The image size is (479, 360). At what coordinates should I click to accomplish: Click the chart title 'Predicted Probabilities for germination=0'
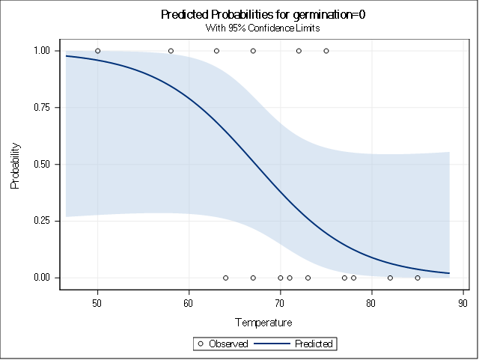[263, 15]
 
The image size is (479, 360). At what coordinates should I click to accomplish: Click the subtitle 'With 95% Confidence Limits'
[263, 28]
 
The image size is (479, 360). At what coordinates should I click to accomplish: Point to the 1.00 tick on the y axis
[40, 51]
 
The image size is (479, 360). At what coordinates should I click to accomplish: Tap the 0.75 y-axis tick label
[40, 108]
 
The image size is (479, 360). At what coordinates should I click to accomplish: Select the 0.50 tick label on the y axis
[40, 165]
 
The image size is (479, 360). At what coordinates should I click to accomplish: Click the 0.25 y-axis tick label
[40, 221]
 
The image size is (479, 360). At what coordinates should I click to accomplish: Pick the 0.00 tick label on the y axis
[40, 278]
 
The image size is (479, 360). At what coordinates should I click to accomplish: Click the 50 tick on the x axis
[97, 302]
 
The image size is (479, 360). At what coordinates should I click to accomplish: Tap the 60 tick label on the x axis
[189, 302]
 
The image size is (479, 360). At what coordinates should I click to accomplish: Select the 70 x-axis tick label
[280, 302]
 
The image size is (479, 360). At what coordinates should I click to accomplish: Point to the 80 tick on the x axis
[371, 302]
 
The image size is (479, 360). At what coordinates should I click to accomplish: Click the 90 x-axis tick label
[463, 302]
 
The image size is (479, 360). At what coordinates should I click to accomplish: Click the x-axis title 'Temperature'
[263, 323]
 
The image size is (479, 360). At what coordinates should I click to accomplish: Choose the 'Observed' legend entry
[223, 344]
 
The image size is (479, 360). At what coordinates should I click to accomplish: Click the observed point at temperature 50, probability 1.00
[97, 51]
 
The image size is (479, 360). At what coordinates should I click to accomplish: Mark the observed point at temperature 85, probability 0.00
[417, 278]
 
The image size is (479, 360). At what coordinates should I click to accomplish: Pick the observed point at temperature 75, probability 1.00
[326, 51]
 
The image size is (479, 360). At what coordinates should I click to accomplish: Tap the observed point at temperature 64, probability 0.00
[225, 278]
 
